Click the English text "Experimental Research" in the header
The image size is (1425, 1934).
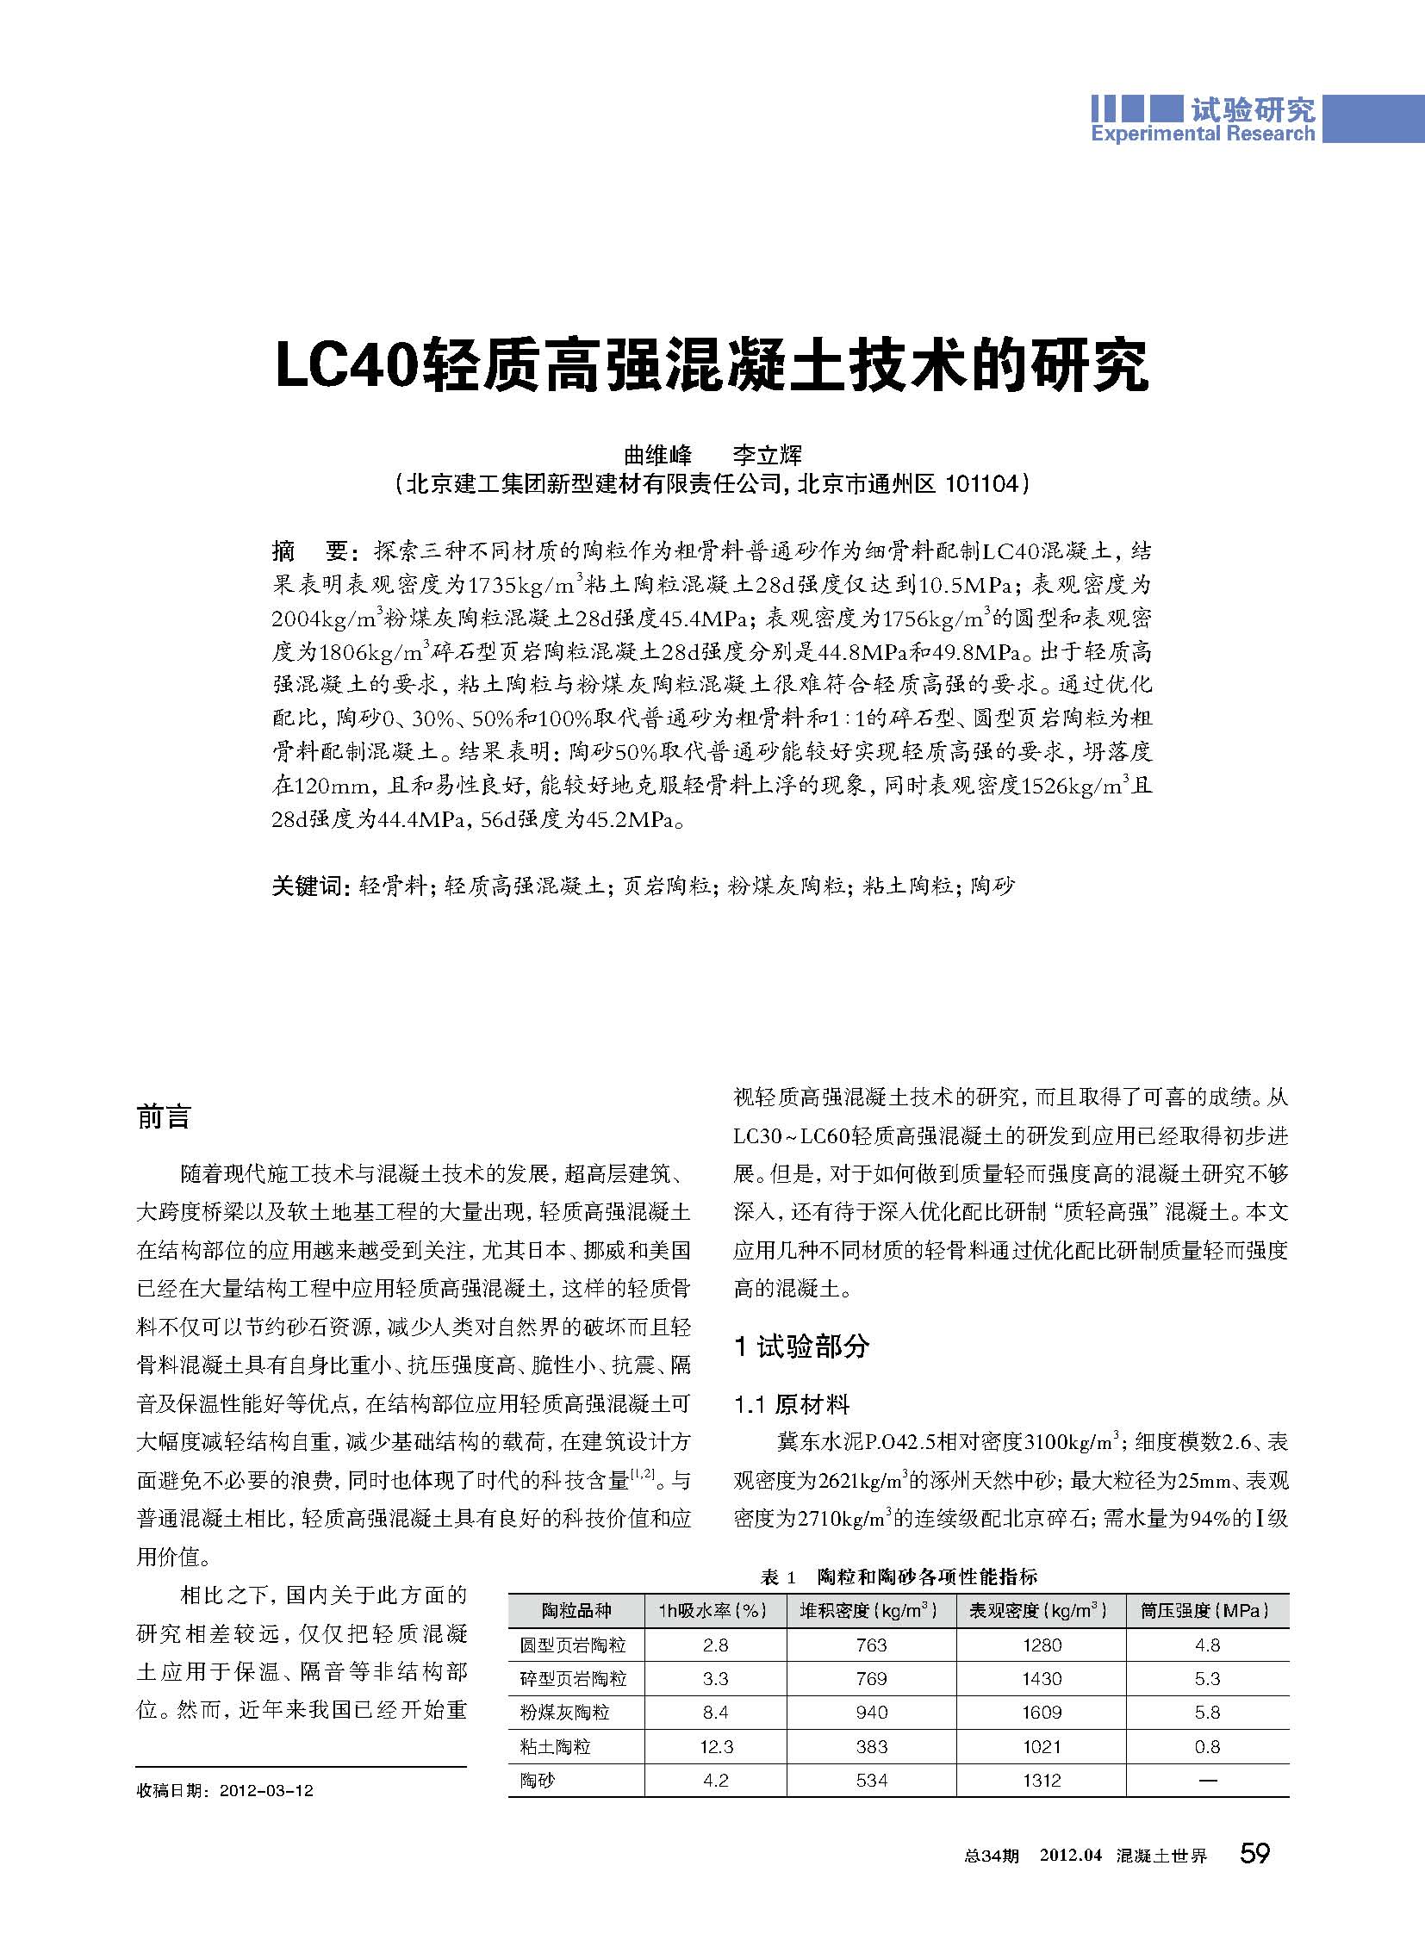(x=1203, y=133)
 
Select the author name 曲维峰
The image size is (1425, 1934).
(x=658, y=454)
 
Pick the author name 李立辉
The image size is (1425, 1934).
(x=767, y=454)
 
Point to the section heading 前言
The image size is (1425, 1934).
(x=163, y=1117)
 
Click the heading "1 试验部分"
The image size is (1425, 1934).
(x=801, y=1346)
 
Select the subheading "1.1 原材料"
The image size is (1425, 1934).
(x=792, y=1404)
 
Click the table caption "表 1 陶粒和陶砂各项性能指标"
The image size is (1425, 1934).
(x=899, y=1576)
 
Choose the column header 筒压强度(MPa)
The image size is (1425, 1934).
(x=1206, y=1610)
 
